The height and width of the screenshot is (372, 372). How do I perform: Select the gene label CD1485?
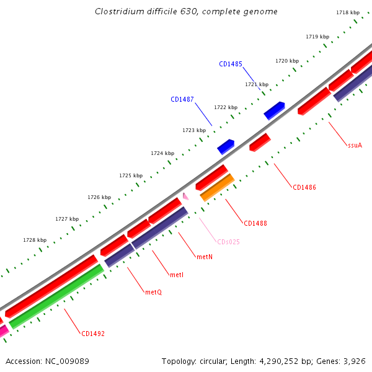click(x=230, y=64)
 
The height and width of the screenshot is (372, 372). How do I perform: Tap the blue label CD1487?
click(x=182, y=99)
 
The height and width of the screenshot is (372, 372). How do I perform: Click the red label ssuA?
click(x=355, y=145)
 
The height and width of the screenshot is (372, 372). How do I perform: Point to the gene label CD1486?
click(x=304, y=187)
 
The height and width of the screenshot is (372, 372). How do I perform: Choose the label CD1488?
click(x=255, y=223)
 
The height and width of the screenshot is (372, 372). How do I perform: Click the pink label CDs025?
click(x=228, y=242)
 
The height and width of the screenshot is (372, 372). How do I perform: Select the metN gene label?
click(x=205, y=256)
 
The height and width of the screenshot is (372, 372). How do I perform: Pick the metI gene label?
click(x=177, y=275)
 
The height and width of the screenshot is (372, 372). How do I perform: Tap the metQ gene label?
click(x=153, y=292)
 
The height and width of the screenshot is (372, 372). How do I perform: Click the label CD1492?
click(x=93, y=334)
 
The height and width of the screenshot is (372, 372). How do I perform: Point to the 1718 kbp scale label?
click(x=347, y=12)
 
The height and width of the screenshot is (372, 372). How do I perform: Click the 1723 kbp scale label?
click(x=194, y=130)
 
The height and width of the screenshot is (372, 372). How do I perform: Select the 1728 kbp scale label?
click(x=35, y=240)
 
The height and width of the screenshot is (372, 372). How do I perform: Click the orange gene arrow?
click(x=217, y=187)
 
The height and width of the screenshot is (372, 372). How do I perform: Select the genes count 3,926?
click(x=355, y=361)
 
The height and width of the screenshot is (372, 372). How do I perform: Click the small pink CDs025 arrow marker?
click(x=185, y=197)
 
